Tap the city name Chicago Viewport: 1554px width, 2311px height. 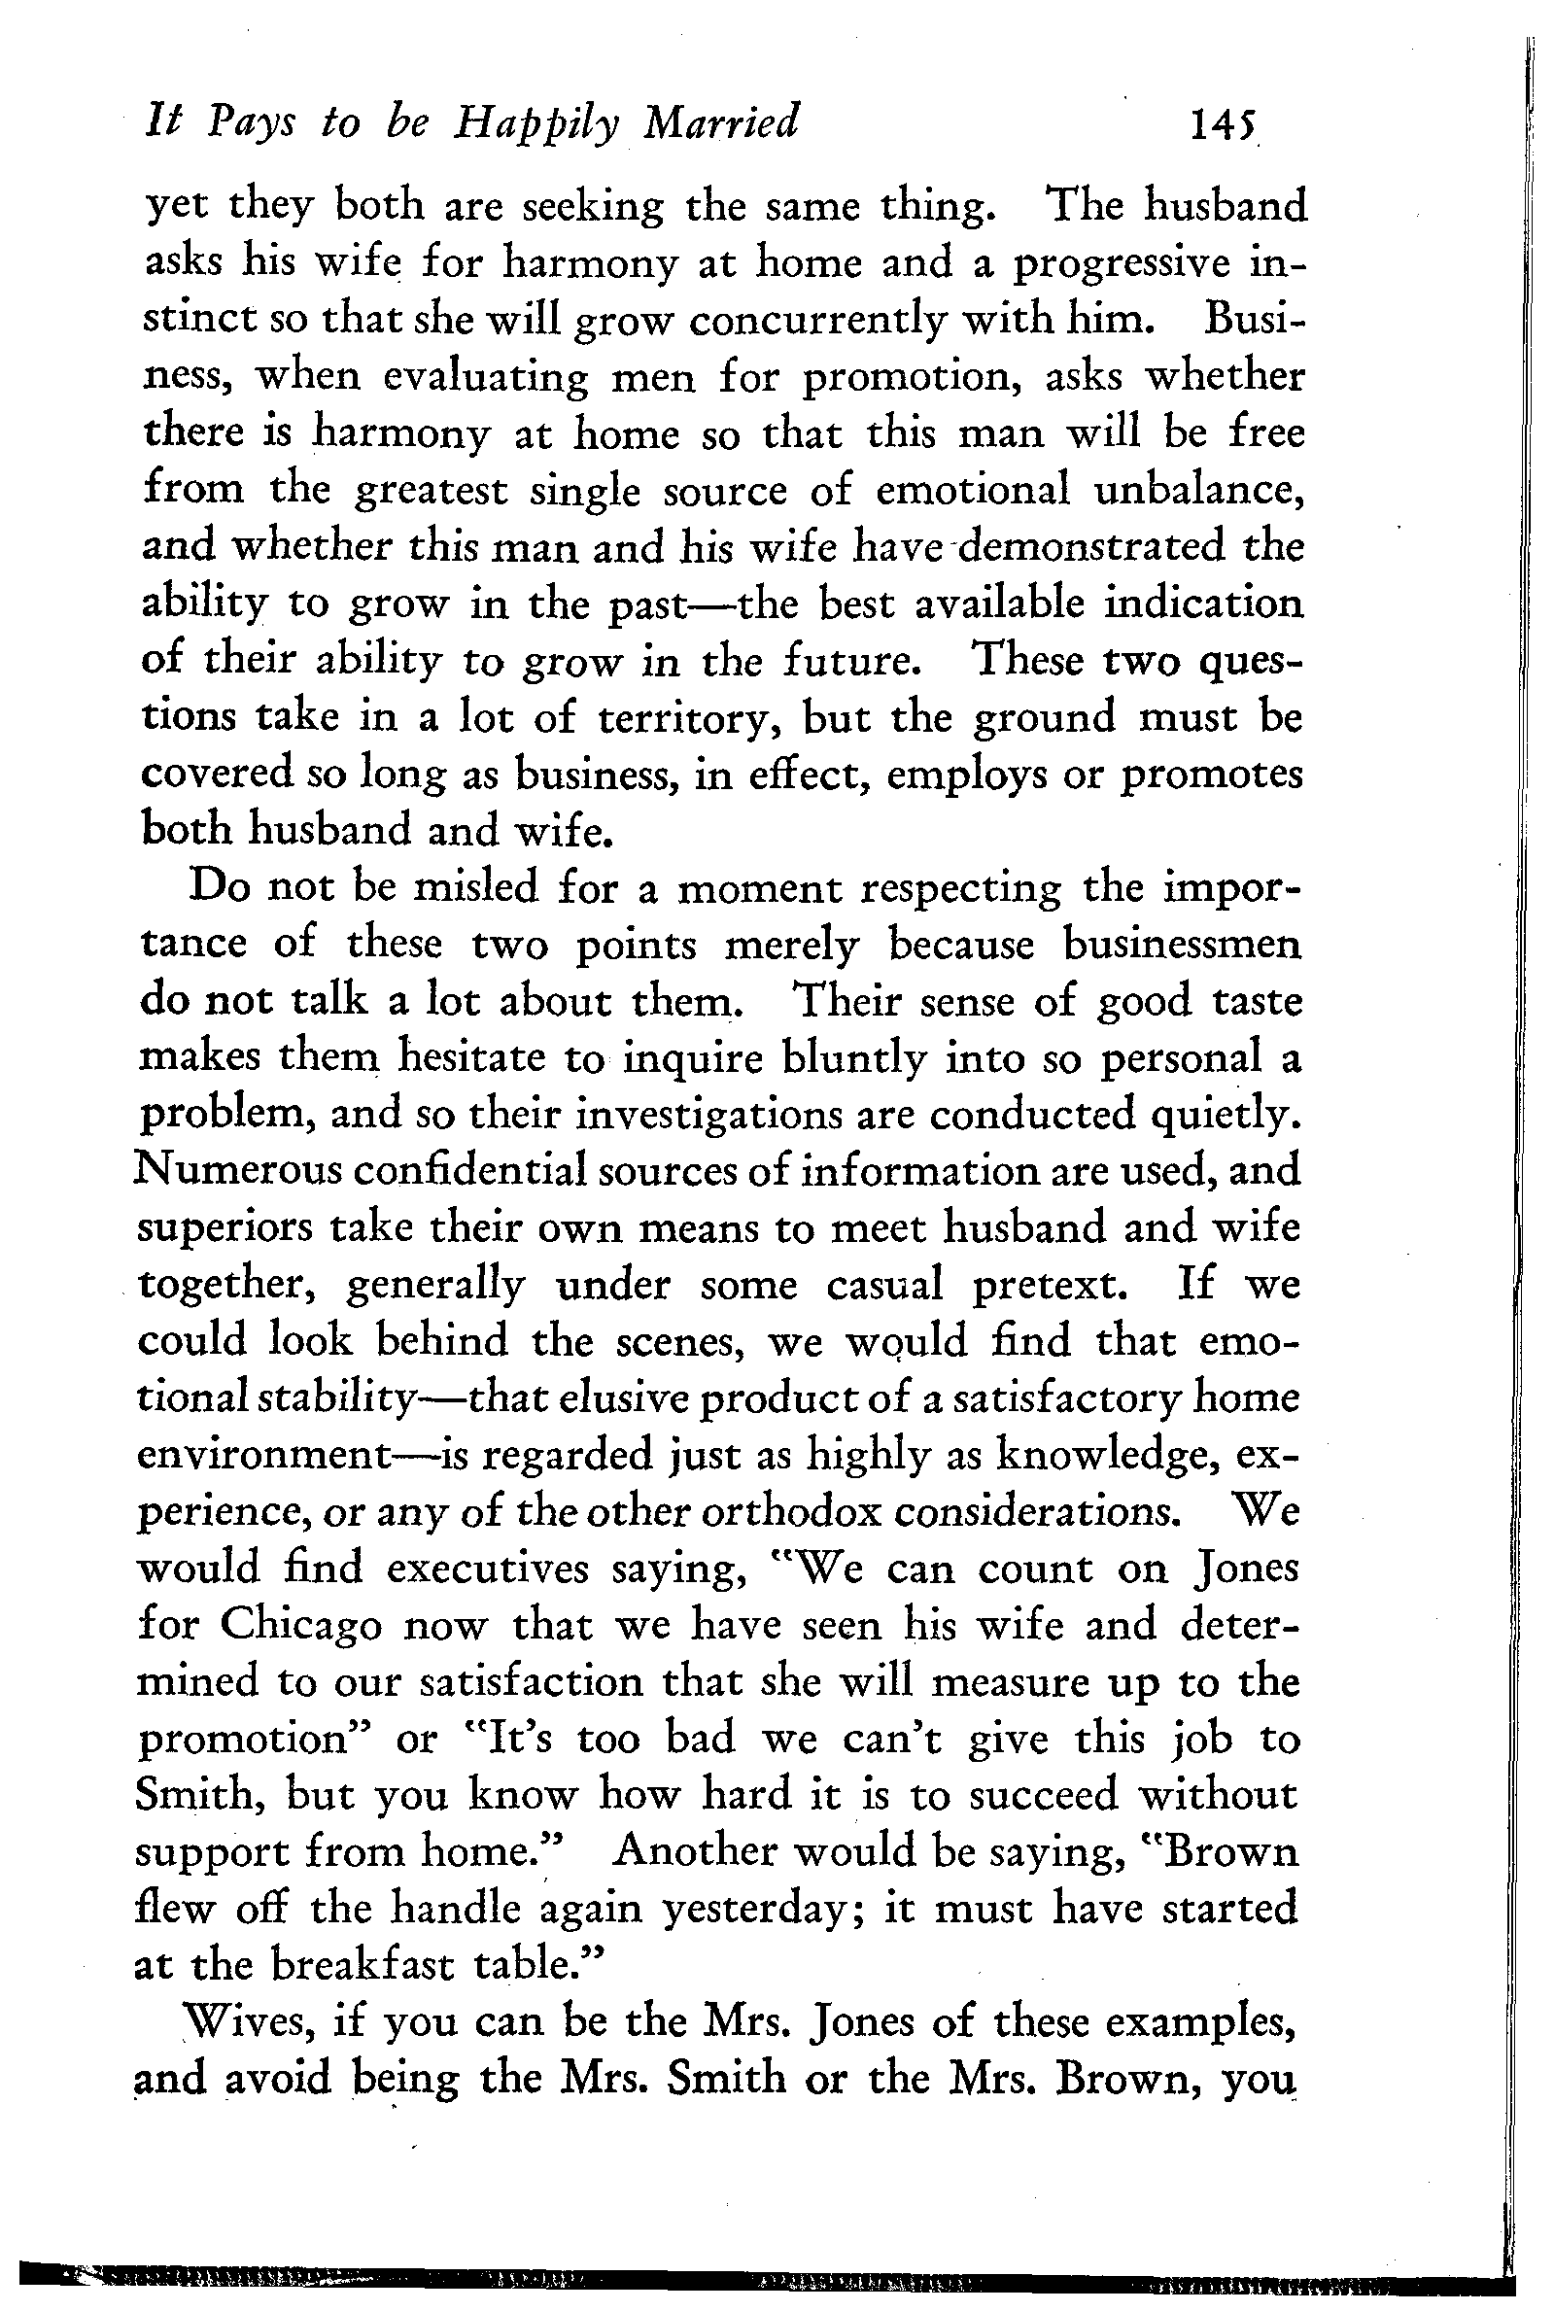pos(300,1626)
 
